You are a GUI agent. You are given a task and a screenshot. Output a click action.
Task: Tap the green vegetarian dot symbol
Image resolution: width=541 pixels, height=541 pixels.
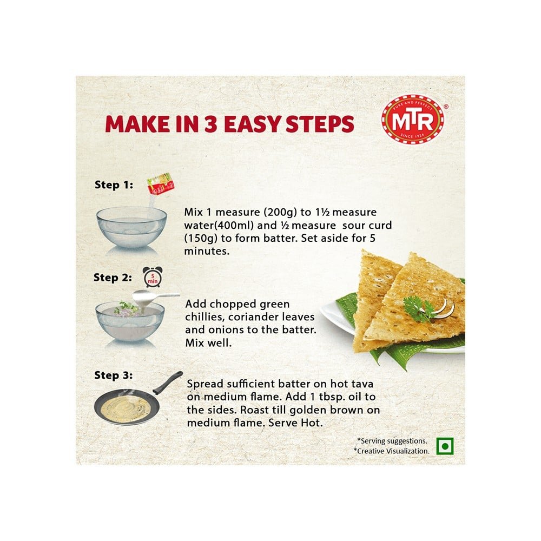(445, 446)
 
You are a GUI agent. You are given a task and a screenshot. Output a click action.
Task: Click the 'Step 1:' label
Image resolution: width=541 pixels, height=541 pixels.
(114, 184)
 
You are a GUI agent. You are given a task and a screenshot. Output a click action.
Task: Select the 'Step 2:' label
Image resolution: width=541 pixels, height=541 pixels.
(113, 278)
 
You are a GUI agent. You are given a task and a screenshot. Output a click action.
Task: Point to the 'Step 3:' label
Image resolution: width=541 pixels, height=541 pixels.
(114, 375)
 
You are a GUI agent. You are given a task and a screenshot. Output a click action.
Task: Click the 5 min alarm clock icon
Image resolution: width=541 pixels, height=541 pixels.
(153, 277)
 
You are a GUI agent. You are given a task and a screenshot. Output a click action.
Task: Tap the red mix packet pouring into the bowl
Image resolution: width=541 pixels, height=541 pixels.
(161, 184)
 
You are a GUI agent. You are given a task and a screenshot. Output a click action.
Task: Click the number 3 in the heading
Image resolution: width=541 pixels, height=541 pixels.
(210, 124)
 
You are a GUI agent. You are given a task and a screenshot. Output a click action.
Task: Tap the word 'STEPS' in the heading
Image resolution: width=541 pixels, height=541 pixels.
(320, 124)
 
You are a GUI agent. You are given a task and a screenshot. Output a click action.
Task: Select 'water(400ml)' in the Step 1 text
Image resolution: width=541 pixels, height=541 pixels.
(219, 226)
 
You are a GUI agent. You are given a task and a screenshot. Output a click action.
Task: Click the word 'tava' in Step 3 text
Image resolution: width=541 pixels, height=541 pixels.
(362, 384)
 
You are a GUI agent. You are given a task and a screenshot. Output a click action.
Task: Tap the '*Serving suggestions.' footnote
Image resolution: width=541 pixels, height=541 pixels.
(392, 441)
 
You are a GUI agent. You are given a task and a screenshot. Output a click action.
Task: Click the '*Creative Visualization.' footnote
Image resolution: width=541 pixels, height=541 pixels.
(392, 451)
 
